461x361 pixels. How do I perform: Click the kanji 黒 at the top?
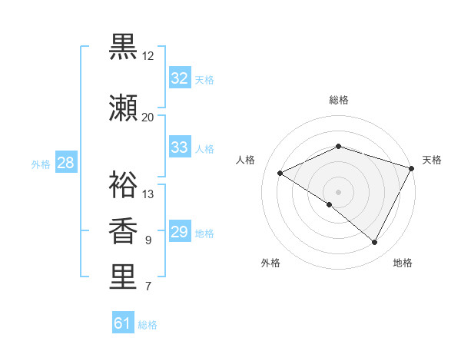click(x=123, y=48)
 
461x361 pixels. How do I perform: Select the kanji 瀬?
click(x=123, y=108)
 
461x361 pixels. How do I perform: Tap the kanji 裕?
click(x=123, y=184)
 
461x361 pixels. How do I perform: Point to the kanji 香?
click(x=123, y=230)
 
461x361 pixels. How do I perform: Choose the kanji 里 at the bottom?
click(x=123, y=277)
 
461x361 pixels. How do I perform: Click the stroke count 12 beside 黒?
click(x=148, y=56)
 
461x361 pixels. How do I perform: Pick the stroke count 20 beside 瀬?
click(x=148, y=117)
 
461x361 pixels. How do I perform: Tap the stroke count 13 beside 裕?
click(x=148, y=194)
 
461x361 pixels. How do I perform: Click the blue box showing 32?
click(x=180, y=78)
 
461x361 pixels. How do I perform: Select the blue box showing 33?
click(x=180, y=147)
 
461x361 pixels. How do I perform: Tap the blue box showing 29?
click(x=180, y=232)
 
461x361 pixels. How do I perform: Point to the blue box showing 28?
click(x=65, y=163)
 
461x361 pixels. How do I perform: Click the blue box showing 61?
click(x=122, y=323)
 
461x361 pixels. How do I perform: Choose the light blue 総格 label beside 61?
click(x=148, y=325)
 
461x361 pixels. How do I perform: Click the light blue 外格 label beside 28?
click(x=41, y=164)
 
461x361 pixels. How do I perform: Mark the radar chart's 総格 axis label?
click(x=339, y=100)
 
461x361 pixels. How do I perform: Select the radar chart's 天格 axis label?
click(x=433, y=160)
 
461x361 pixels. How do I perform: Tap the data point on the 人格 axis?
click(x=280, y=174)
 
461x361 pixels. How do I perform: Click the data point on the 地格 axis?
click(x=375, y=243)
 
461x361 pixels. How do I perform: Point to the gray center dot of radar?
click(x=339, y=191)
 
